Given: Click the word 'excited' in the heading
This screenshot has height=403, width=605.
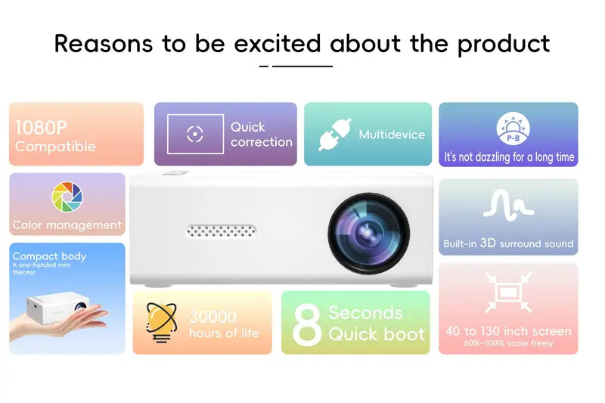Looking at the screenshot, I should [278, 43].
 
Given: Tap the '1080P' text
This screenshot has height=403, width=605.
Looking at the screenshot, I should [41, 127].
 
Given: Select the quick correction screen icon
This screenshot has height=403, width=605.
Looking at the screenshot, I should [195, 135].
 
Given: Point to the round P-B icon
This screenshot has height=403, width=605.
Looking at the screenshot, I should [513, 129].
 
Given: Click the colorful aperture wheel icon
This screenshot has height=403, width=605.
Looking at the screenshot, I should [67, 197].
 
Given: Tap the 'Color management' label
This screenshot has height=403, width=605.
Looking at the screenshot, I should [67, 225].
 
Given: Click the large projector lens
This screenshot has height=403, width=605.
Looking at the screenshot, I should [368, 231].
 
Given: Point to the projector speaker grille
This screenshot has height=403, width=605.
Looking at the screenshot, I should [221, 230].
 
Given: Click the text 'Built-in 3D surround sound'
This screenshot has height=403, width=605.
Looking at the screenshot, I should [508, 243].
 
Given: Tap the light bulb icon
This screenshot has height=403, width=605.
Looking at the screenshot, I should [162, 321].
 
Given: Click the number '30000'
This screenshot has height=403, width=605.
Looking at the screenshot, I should [213, 317].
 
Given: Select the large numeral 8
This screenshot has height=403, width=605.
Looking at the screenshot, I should [307, 324].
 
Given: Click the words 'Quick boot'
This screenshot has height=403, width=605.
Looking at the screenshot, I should [377, 334].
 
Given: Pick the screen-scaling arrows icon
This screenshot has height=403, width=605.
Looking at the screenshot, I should [508, 293].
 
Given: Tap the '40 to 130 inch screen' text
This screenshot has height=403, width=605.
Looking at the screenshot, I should [508, 330].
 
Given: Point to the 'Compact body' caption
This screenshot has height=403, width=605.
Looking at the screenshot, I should [49, 256].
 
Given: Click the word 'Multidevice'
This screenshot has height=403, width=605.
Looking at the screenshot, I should [392, 135].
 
